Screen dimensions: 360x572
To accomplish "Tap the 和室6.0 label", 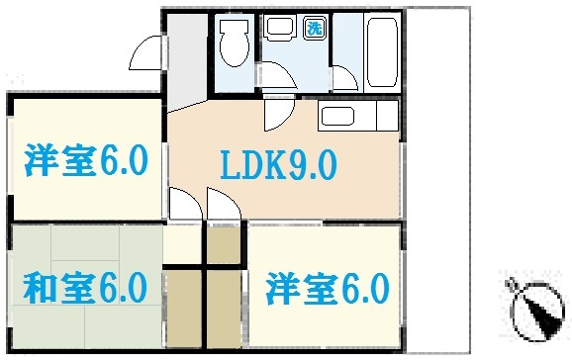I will pyautogui.click(x=85, y=289).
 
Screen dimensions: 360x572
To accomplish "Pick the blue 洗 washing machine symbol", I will pyautogui.click(x=313, y=27).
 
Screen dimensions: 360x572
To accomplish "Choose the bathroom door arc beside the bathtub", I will pyautogui.click(x=345, y=78).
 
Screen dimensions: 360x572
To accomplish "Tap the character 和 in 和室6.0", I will pyautogui.click(x=41, y=289).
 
